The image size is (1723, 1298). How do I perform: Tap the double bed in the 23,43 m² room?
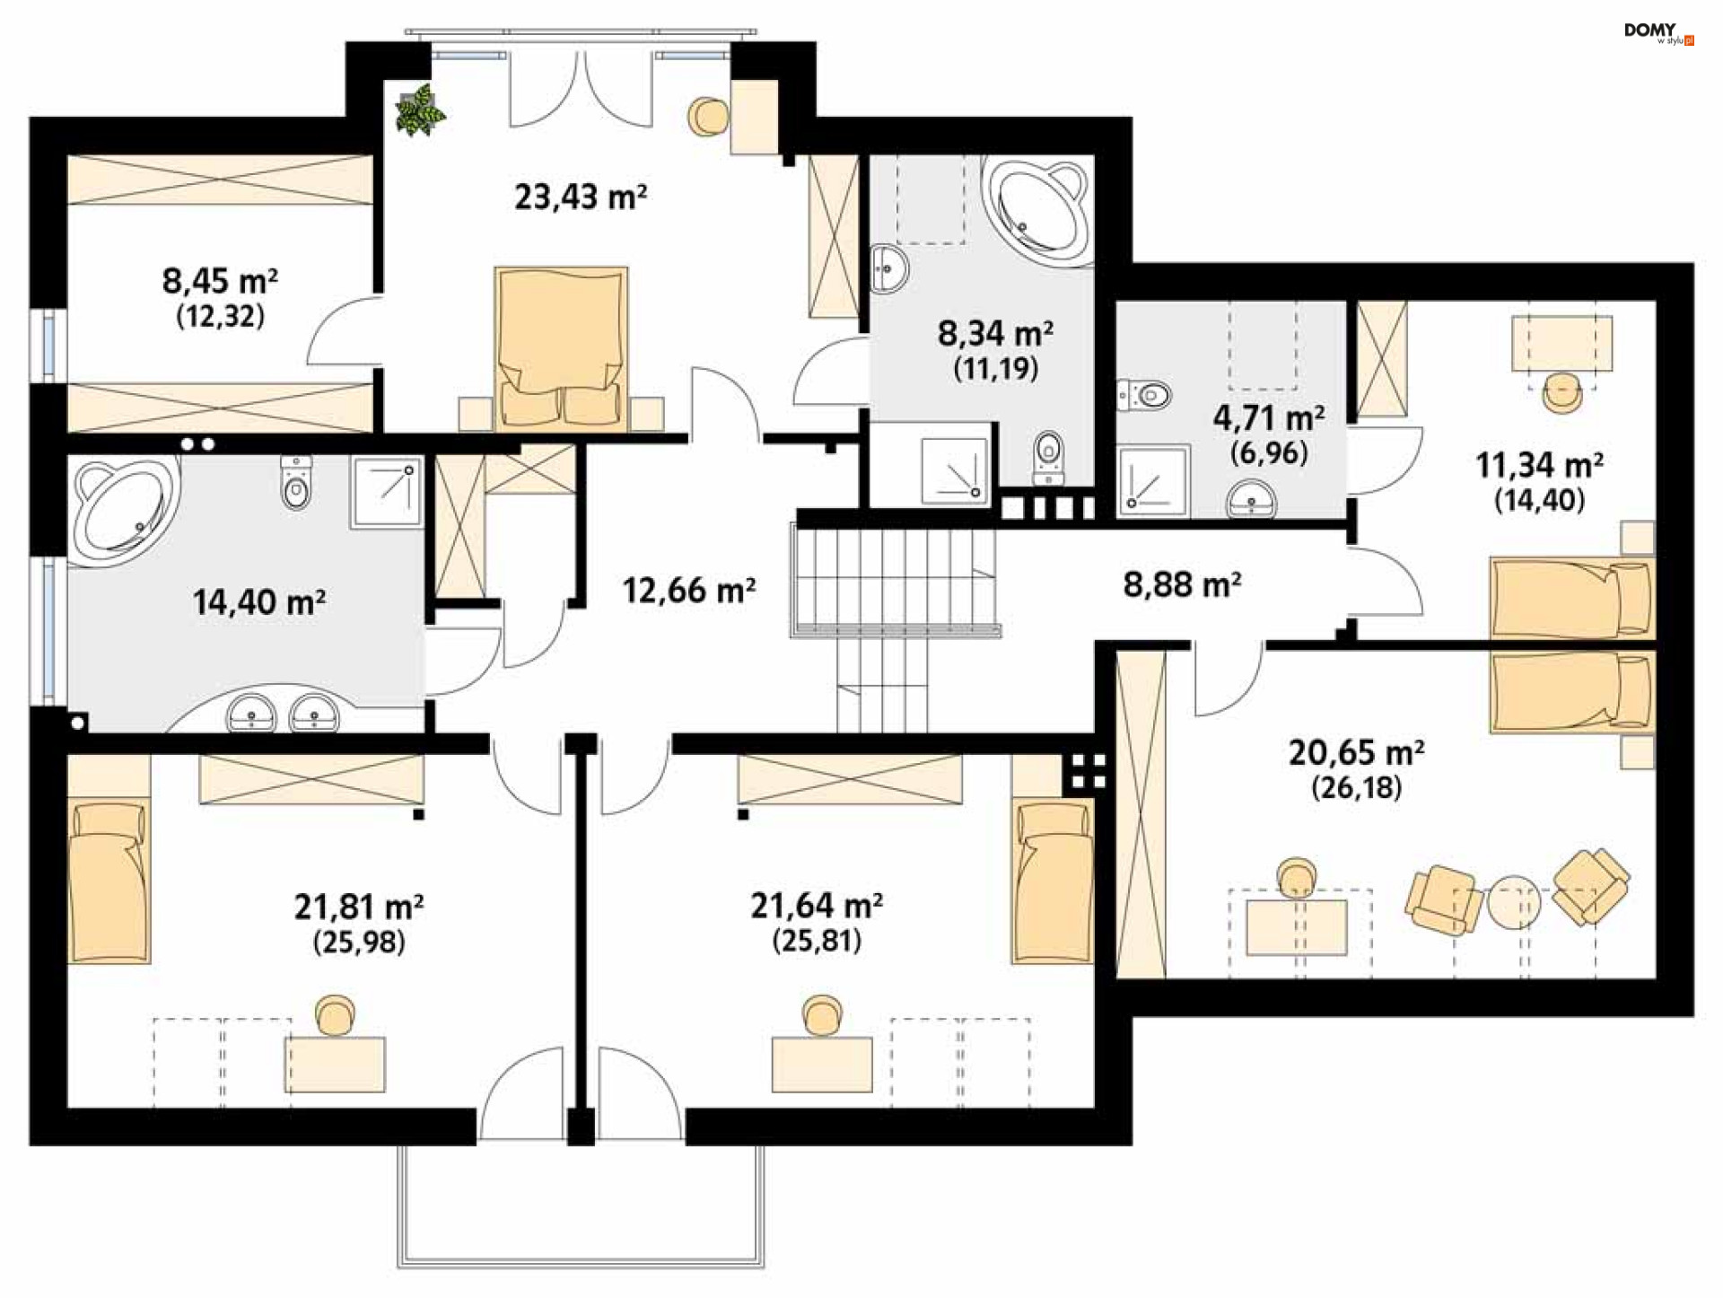coord(561,347)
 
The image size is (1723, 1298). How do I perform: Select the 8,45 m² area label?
coord(220,281)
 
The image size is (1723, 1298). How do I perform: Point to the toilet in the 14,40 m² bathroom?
coord(296,481)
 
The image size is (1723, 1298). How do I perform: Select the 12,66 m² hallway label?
coord(688,590)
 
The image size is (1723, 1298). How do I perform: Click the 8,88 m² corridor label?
coord(1182,584)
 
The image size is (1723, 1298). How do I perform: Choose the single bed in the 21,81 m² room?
coord(109,883)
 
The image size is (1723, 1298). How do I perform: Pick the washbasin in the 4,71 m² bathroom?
coord(1252,499)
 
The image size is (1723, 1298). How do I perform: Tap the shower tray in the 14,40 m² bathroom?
coord(386,492)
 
